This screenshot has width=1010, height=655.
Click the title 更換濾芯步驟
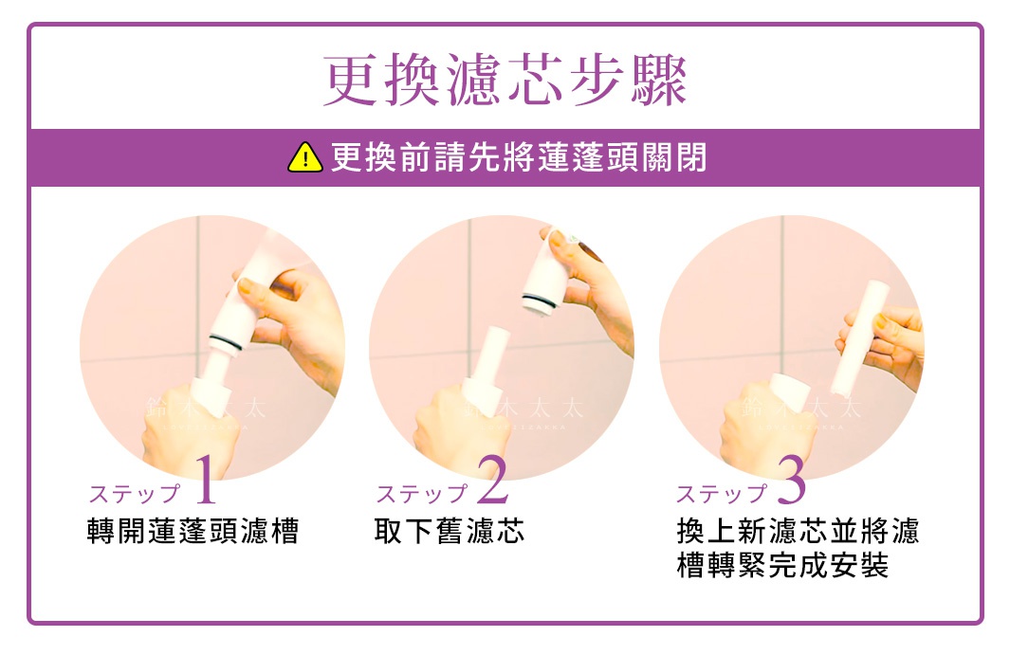(x=505, y=81)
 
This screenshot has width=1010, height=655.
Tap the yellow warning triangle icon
(x=305, y=158)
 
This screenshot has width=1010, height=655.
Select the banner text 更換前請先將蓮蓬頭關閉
(x=518, y=158)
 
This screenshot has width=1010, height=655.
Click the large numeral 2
(x=493, y=481)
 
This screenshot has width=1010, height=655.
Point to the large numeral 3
(x=791, y=481)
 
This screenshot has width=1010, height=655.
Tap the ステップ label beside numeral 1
(x=134, y=494)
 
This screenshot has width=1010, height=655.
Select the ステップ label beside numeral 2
(x=422, y=494)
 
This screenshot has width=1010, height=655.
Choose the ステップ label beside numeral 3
(x=722, y=494)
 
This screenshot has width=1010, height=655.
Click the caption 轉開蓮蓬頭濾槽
(x=193, y=531)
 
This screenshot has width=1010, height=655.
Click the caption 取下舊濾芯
(x=450, y=531)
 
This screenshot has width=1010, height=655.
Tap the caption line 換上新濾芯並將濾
(x=798, y=531)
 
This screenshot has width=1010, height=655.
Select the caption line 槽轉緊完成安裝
(x=783, y=566)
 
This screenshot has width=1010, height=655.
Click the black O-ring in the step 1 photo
(x=228, y=339)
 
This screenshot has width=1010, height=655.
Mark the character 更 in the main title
(x=351, y=81)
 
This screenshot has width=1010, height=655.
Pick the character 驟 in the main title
(x=658, y=81)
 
